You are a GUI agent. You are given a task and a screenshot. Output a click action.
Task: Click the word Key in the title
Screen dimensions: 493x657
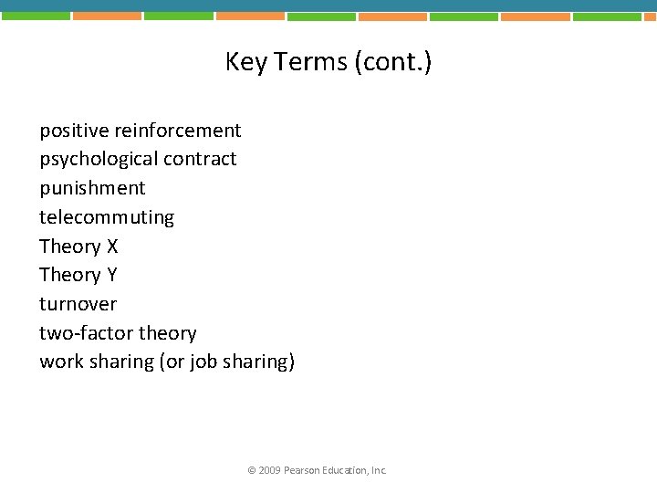tap(244, 62)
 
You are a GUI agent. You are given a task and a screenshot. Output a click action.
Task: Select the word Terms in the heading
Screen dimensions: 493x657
tap(304, 62)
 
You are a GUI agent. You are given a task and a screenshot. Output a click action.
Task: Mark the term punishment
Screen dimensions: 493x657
tap(92, 188)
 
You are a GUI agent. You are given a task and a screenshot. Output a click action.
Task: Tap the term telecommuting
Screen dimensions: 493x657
tap(106, 217)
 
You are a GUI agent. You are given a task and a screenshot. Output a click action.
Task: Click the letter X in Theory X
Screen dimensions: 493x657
tap(112, 246)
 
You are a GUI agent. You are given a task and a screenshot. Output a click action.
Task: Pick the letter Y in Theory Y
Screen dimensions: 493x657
tap(112, 275)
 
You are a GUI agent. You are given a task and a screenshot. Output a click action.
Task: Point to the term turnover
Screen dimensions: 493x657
tap(78, 304)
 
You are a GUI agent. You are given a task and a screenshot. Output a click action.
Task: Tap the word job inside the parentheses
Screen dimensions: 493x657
tap(203, 362)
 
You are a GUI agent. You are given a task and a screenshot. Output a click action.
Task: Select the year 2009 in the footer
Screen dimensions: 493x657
tap(269, 470)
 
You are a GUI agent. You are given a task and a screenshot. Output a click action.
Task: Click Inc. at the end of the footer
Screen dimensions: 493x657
tap(379, 470)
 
